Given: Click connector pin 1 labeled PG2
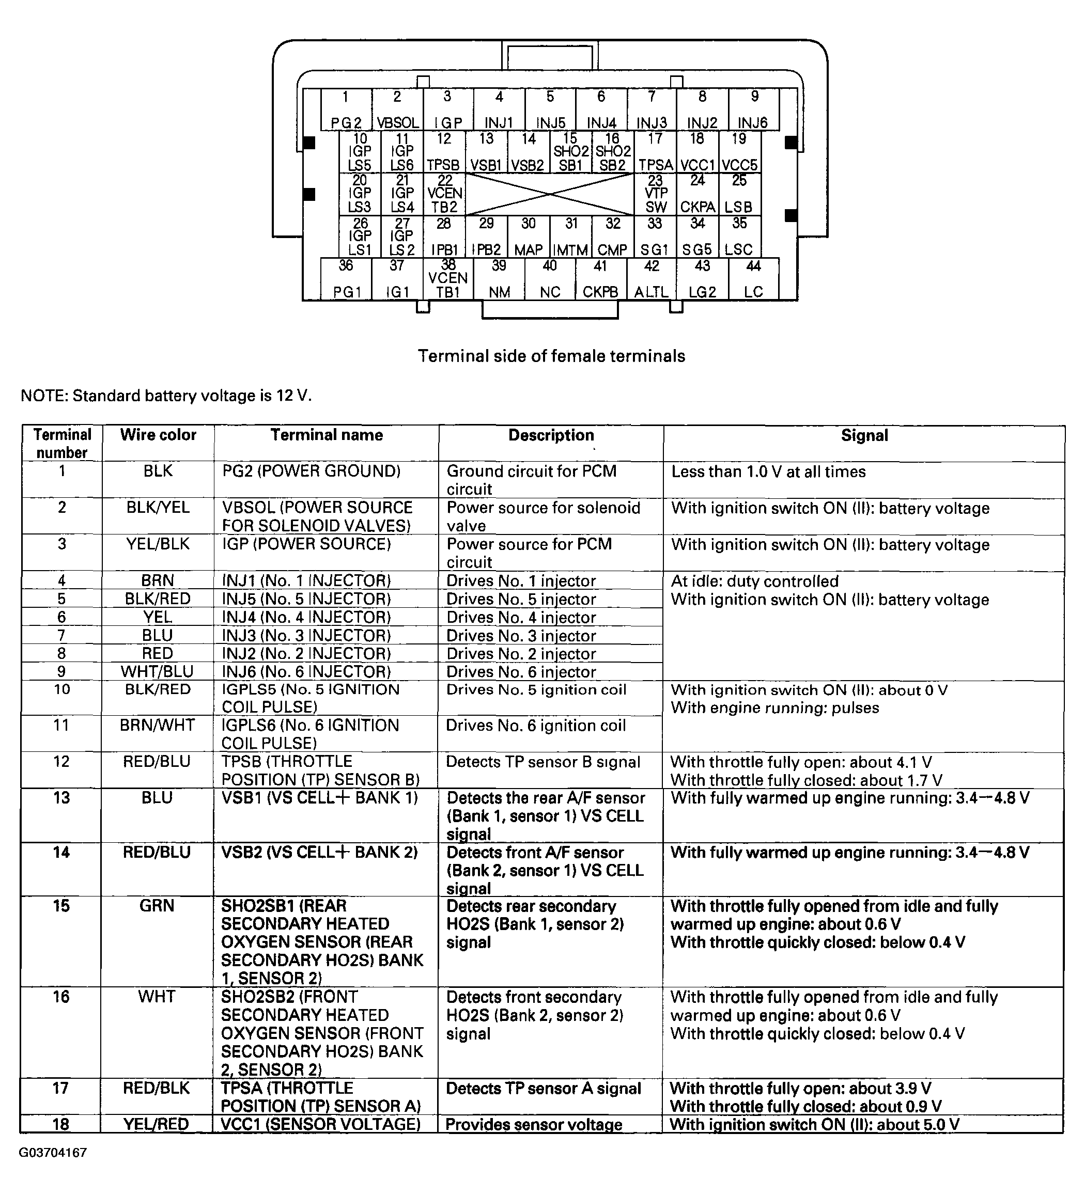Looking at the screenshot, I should coord(346,110).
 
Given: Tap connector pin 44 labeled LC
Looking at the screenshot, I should coord(753,279).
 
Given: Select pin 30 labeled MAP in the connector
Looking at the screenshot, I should coord(528,237).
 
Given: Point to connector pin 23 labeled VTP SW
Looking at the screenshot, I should coord(655,194).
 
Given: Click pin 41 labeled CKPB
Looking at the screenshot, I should coord(600,279).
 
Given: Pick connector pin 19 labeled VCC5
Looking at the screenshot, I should coord(739,152).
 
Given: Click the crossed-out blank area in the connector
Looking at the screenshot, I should coord(549,194).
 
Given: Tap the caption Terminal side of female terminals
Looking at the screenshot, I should coord(551,356).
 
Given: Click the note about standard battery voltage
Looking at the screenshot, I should coord(166,396).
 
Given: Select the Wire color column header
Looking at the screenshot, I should coord(158,435).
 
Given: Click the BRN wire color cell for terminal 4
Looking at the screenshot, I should coord(157,580).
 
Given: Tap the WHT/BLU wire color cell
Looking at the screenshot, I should coord(157,671).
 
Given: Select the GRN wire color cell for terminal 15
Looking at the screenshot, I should coord(157,905).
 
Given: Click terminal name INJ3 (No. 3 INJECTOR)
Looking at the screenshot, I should coord(306,635).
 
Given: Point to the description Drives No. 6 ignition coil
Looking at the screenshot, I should coord(535,726).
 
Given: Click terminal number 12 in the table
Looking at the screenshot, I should coord(61,761).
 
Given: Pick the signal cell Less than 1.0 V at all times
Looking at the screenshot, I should coord(768,471).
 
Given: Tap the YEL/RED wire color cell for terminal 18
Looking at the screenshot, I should coord(156,1124).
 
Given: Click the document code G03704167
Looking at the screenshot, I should coord(53,1153).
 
